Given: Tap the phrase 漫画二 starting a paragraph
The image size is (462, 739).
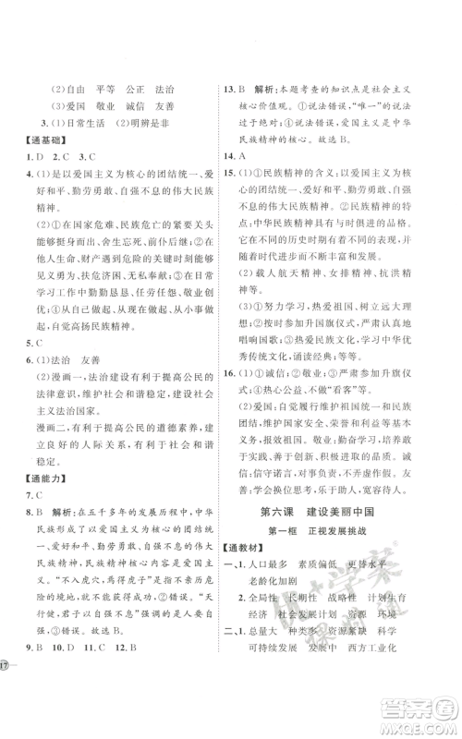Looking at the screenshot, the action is click(50, 437).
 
